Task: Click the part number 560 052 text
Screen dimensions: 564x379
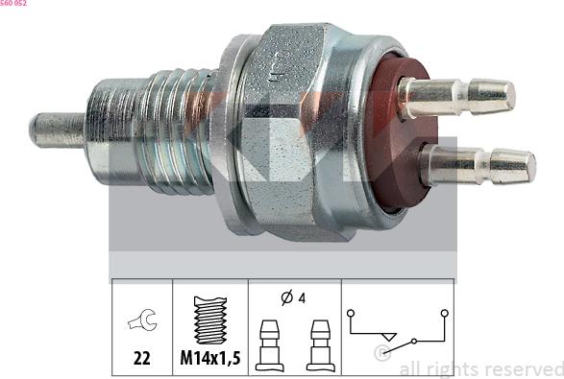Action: point(12,3)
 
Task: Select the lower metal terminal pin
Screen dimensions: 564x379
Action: point(478,166)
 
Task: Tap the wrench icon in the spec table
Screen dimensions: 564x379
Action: point(142,320)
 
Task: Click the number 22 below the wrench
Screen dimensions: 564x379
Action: point(141,358)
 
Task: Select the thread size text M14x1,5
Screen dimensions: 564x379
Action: point(210,358)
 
